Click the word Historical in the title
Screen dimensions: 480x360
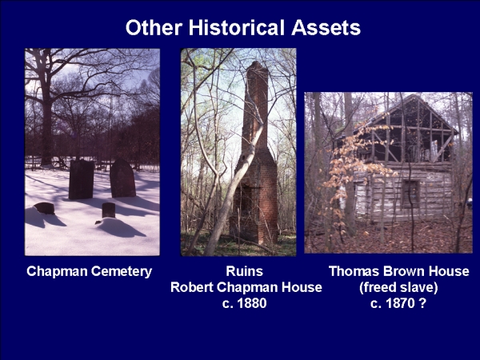237,27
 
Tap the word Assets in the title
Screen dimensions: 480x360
326,27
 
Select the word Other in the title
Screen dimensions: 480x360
154,27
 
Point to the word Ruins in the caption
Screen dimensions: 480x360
244,271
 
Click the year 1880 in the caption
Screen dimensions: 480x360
252,303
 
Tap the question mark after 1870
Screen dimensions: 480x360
422,303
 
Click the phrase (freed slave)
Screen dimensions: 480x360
398,287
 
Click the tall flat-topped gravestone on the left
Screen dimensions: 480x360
81,179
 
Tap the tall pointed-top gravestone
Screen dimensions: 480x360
122,178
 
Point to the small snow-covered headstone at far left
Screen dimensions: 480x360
45,208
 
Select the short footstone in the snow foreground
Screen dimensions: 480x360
108,210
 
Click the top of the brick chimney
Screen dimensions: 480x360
256,64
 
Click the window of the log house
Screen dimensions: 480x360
410,194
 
